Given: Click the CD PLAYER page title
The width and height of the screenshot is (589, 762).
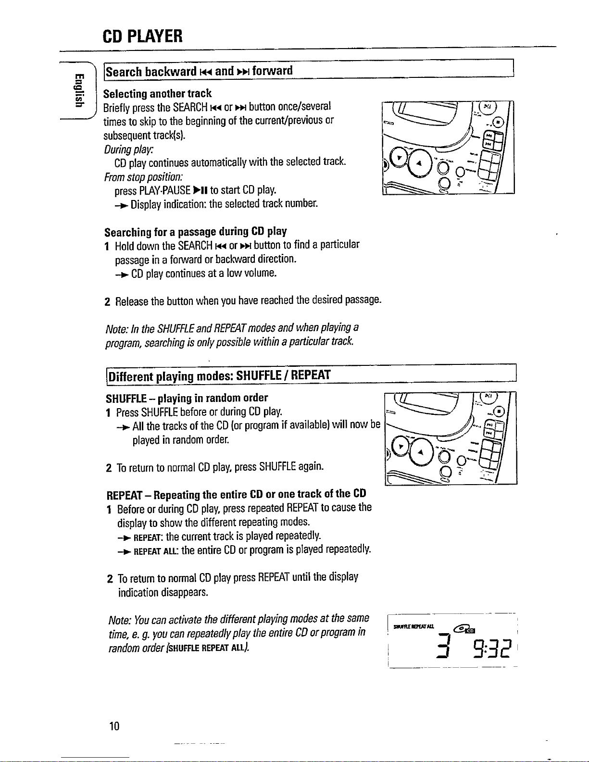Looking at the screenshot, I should [142, 36].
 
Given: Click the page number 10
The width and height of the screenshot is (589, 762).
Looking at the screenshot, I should [114, 726].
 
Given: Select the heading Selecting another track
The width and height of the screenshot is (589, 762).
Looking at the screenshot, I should [158, 93].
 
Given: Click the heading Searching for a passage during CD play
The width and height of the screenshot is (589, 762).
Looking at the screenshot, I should [195, 232].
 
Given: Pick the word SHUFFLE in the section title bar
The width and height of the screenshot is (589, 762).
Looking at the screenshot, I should [260, 375].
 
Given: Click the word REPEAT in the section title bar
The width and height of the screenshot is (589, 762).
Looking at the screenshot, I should [311, 375].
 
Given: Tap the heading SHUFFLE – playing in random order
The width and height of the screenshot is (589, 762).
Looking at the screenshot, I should [187, 398].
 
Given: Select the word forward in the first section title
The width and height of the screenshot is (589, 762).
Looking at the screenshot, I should [272, 71].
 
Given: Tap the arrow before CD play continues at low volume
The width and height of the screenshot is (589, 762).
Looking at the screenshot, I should [121, 275].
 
